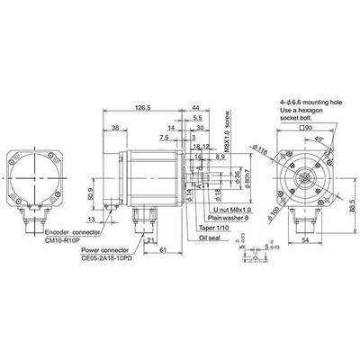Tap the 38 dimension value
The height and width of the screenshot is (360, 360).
pyautogui.click(x=117, y=129)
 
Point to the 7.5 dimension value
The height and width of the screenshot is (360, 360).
pyautogui.click(x=164, y=138)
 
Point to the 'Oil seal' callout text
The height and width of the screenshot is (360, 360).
pyautogui.click(x=212, y=239)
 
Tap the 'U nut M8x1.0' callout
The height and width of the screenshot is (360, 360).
pyautogui.click(x=228, y=206)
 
